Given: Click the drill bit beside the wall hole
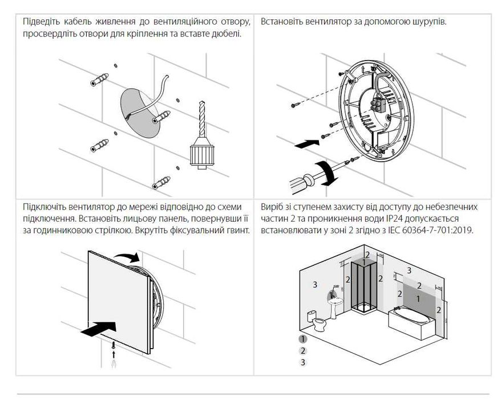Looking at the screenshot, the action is (202, 119).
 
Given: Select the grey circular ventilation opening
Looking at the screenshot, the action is (140, 114).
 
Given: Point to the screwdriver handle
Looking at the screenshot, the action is (300, 183).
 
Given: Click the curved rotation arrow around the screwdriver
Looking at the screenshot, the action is (326, 173).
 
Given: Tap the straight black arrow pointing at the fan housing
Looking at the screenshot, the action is (307, 144).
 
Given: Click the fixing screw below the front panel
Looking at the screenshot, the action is (114, 346).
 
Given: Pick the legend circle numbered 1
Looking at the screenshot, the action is (302, 339).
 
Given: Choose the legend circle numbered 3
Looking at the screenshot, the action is (302, 362).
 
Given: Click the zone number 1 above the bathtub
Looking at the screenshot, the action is (418, 299).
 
